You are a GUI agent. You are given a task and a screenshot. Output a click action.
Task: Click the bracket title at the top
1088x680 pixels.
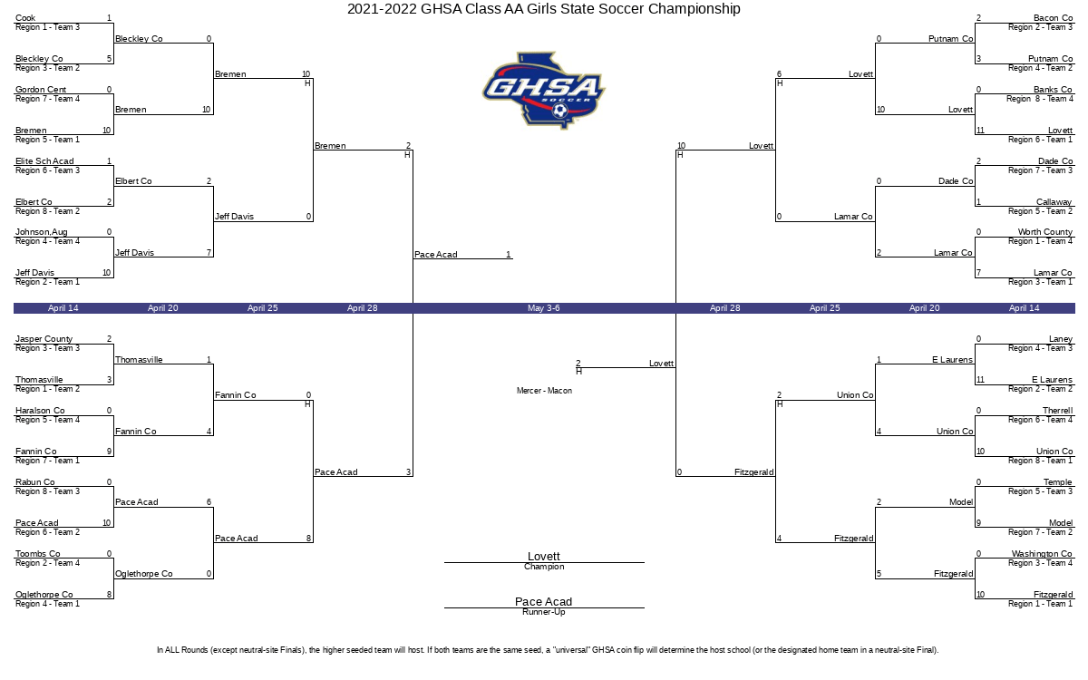[543, 9]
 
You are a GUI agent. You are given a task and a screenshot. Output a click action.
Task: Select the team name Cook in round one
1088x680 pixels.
[25, 18]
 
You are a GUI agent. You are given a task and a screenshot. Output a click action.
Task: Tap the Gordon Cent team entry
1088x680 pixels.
[41, 90]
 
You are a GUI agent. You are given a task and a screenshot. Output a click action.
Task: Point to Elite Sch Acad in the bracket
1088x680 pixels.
[44, 161]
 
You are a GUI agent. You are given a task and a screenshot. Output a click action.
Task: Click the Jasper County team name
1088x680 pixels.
[44, 339]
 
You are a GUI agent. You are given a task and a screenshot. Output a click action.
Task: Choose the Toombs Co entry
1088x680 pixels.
[38, 554]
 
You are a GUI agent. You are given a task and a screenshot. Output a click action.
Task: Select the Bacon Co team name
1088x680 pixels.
[1053, 18]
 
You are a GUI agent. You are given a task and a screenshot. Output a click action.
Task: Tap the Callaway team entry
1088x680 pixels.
[1054, 202]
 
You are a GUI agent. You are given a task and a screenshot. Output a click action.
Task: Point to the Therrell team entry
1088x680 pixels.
[1057, 411]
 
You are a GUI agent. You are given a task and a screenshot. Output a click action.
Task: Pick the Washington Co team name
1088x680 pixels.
[1042, 554]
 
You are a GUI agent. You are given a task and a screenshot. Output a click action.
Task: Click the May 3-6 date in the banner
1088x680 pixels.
[543, 308]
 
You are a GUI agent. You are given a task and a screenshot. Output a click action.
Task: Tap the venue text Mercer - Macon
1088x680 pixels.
[544, 391]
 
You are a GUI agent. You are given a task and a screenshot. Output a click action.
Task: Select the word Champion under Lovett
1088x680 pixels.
[544, 568]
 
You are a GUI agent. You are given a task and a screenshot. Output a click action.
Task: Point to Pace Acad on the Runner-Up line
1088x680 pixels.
[544, 602]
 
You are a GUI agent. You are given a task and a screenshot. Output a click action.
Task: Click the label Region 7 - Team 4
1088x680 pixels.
[47, 99]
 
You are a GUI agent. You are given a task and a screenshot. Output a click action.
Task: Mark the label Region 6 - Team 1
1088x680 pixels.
[1040, 140]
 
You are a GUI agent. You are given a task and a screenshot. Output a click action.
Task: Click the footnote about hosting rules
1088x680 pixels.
[548, 650]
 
